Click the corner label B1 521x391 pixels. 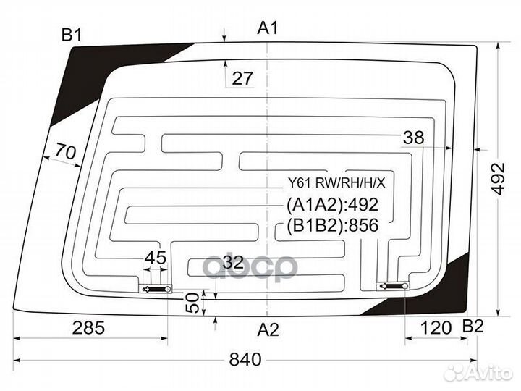pos(72,35)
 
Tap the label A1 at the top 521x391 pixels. pos(268,28)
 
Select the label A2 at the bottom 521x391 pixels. pos(268,330)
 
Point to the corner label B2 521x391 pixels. pos(473,327)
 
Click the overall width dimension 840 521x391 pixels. pos(245,359)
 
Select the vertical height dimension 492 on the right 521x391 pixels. pos(499,179)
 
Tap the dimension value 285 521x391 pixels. pos(88,328)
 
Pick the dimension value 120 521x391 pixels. pos(436,328)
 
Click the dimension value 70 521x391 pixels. pos(65,151)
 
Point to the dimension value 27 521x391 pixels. pos(242,78)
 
